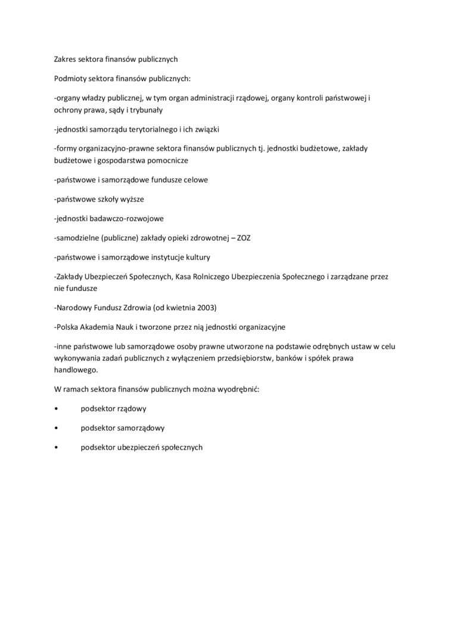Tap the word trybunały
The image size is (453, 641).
(x=146, y=110)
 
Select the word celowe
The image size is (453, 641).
(x=196, y=179)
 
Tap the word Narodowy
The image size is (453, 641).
(x=73, y=308)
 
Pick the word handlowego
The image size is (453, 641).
(x=75, y=370)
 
